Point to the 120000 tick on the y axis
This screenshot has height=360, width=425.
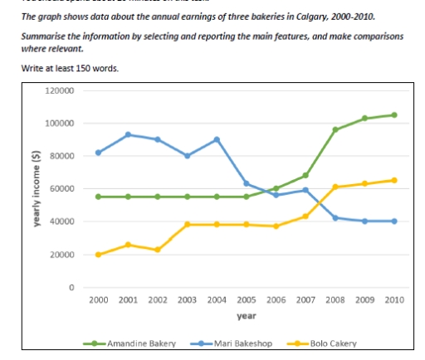coord(63,90)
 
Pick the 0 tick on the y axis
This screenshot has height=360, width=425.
coord(72,288)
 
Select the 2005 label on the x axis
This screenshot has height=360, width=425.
coord(247,300)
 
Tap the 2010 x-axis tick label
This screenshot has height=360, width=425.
coord(393,300)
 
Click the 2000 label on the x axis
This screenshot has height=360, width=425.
coord(99,300)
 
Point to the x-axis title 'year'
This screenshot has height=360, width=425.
coord(246,315)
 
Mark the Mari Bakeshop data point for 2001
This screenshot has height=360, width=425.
coord(128,134)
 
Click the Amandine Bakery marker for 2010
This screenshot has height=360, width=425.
coord(393,115)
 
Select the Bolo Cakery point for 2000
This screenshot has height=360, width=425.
coord(99,255)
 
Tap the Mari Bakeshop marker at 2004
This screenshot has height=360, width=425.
coord(217,139)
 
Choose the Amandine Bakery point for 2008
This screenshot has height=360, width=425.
coord(335,129)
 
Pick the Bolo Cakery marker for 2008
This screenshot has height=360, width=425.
coord(335,187)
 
